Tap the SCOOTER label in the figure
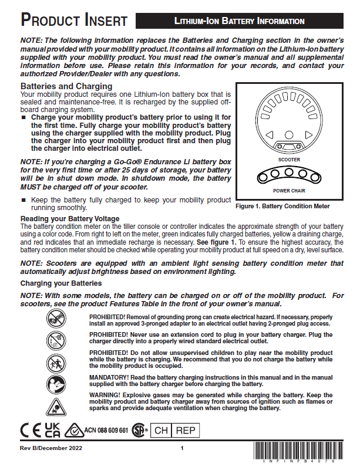coord(288,159)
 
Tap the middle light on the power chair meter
coord(288,176)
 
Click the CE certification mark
coord(29,430)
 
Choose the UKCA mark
coord(53,430)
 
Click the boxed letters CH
coord(162,431)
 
